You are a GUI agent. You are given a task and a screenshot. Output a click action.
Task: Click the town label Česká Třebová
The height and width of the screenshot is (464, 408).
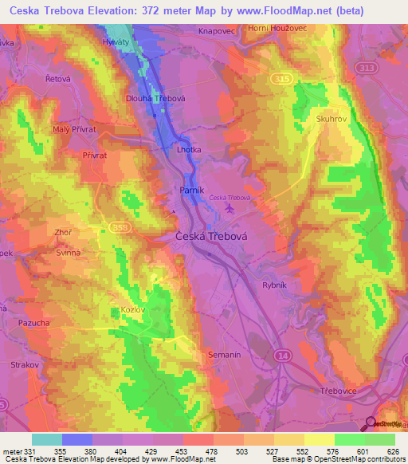(208, 237)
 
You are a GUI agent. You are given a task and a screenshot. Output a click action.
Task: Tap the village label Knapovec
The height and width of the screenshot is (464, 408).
(216, 30)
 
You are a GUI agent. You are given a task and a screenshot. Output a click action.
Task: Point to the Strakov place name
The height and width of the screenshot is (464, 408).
(25, 364)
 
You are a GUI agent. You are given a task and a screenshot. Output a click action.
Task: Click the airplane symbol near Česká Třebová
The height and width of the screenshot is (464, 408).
(231, 209)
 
